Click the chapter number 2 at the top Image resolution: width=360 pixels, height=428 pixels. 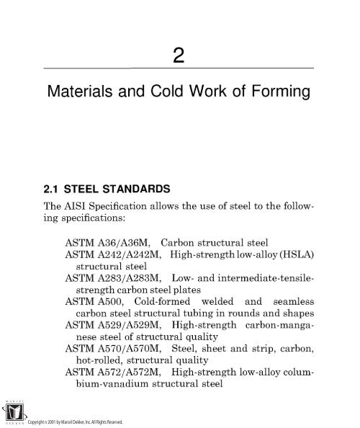(180, 53)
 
